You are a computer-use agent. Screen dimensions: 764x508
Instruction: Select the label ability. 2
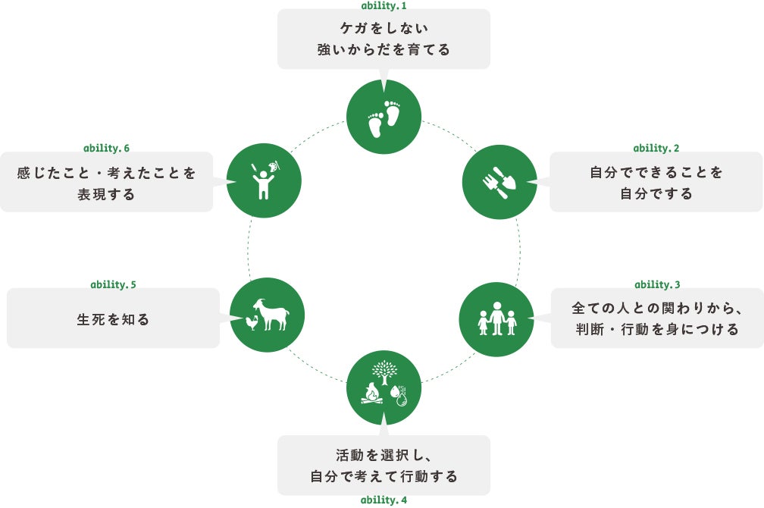point(656,148)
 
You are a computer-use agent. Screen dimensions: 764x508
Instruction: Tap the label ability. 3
point(656,284)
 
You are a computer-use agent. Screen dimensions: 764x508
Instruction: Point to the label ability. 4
point(384,500)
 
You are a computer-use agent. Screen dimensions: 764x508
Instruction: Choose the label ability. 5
point(113,284)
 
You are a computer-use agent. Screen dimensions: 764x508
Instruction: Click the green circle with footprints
point(384,117)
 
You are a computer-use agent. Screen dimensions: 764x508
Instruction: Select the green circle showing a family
point(497,319)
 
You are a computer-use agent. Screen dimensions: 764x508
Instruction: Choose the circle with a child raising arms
point(264,180)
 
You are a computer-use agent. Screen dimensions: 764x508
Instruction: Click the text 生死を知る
point(113,319)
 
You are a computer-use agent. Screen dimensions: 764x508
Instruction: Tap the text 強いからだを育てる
point(384,50)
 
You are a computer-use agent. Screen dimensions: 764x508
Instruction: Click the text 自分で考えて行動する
point(384,477)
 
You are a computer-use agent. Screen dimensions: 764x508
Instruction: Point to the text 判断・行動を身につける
point(656,330)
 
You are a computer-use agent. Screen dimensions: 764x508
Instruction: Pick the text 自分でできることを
point(656,173)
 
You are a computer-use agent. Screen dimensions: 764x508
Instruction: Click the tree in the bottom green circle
point(384,371)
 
